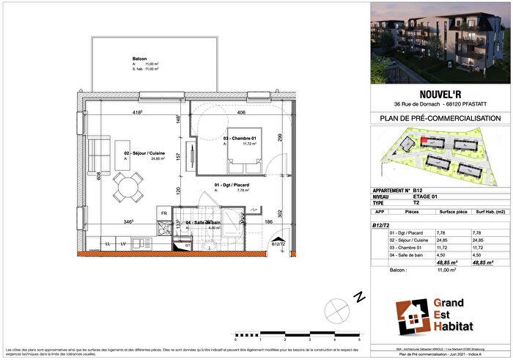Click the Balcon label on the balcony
(140, 58)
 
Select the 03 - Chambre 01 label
(240, 138)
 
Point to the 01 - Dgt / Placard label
(231, 185)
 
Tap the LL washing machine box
(108, 243)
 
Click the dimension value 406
(241, 112)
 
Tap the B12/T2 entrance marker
(278, 243)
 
